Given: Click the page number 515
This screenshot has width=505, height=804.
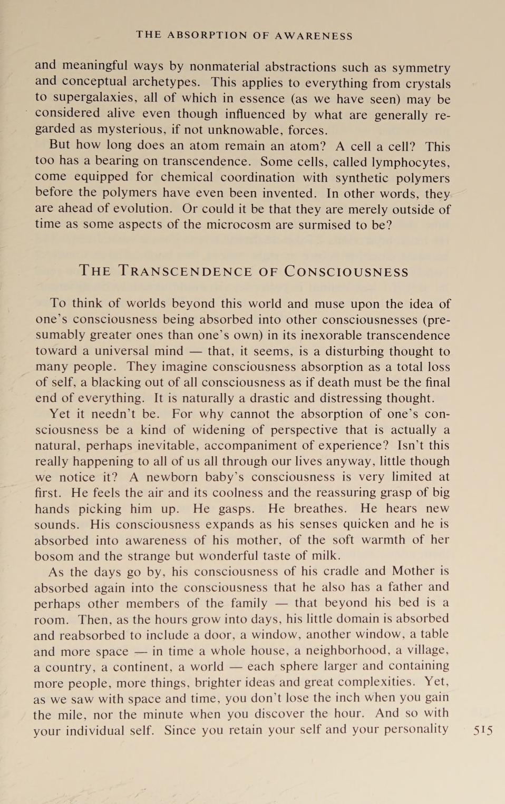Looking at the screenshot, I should (x=483, y=730).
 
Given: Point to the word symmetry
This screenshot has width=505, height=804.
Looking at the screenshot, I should (x=421, y=68).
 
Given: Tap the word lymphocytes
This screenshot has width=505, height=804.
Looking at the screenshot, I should (x=411, y=162).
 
